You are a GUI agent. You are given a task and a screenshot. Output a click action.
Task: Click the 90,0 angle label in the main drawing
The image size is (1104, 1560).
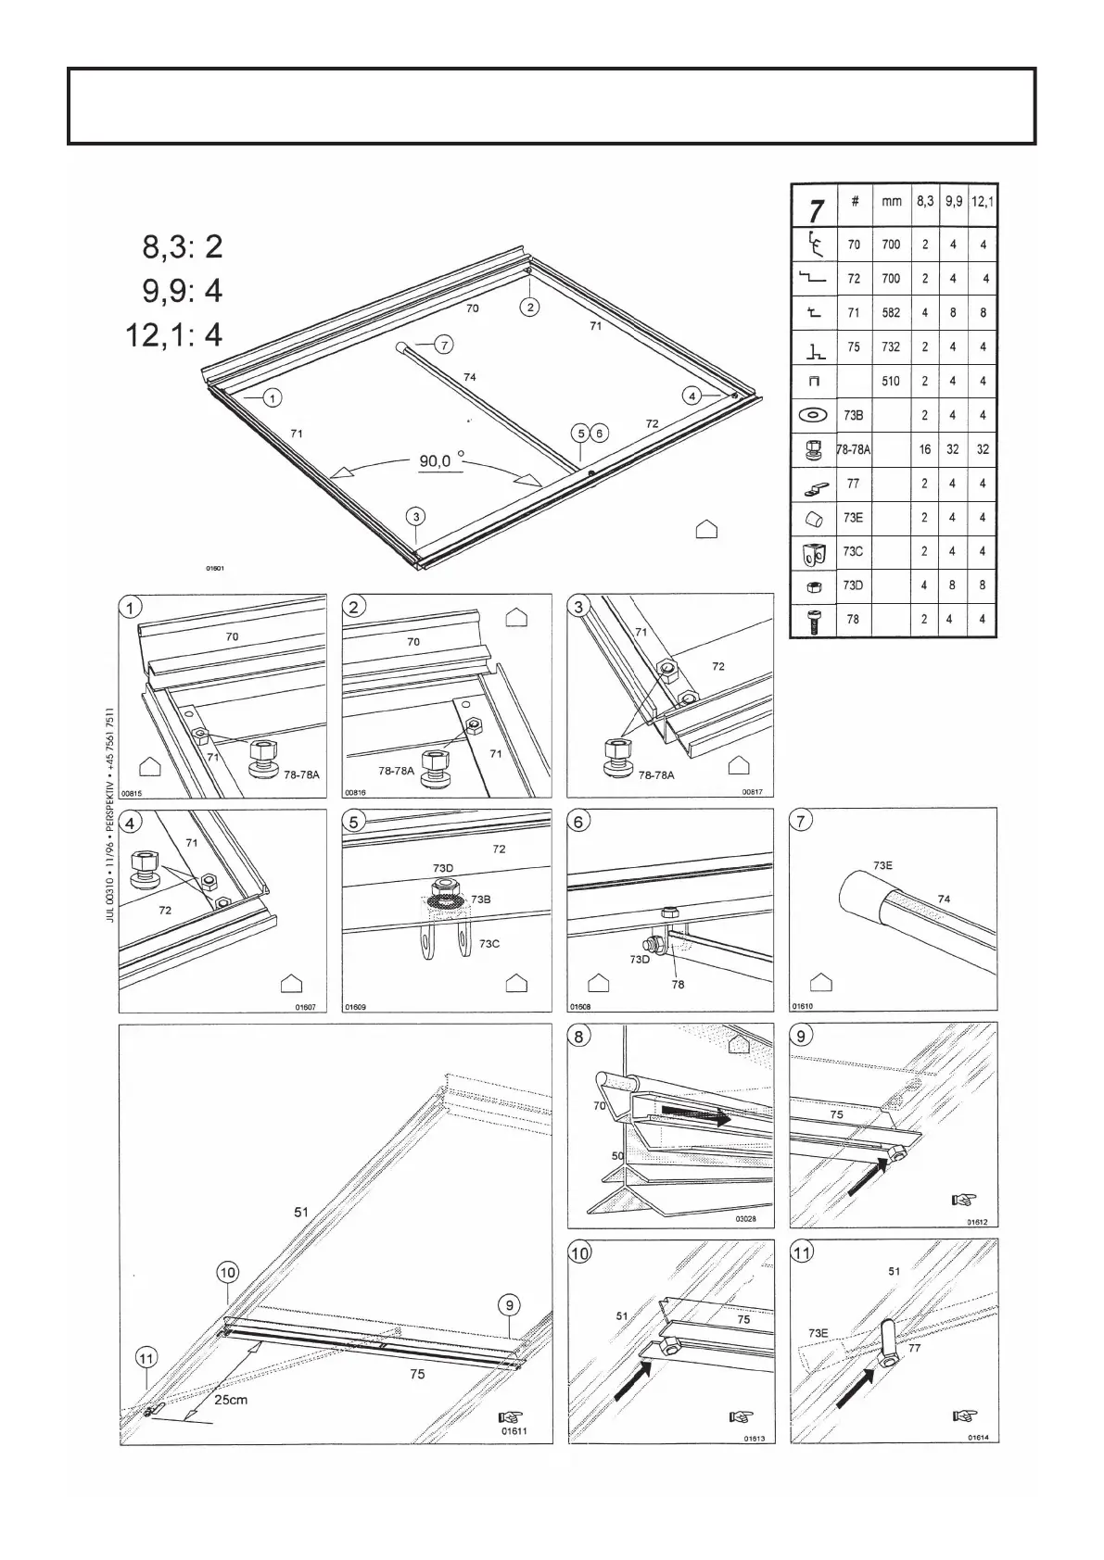click(441, 459)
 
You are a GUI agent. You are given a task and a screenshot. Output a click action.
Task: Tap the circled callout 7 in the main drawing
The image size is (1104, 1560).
click(445, 345)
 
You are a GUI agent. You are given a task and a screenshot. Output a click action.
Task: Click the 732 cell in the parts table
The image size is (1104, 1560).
click(891, 346)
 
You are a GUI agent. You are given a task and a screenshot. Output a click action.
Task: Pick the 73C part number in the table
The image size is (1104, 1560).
click(853, 551)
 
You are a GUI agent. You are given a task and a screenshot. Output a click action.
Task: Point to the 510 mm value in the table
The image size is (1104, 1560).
click(891, 381)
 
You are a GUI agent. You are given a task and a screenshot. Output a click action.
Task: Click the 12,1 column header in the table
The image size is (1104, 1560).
click(982, 201)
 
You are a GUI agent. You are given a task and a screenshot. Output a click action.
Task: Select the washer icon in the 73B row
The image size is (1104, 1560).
click(813, 415)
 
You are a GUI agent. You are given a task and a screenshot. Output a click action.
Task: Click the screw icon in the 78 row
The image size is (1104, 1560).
click(813, 619)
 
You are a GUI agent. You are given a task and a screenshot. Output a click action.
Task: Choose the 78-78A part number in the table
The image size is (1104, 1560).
click(853, 449)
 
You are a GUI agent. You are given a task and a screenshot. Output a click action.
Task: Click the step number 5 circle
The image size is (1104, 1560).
click(355, 822)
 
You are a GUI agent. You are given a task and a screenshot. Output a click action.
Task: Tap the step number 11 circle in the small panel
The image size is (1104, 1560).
click(802, 1253)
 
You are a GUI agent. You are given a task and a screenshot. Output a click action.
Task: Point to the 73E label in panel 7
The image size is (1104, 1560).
click(883, 864)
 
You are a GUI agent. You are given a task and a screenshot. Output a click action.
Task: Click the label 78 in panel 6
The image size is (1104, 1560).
click(678, 984)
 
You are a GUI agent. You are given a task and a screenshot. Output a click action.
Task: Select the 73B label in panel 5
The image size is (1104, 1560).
click(481, 899)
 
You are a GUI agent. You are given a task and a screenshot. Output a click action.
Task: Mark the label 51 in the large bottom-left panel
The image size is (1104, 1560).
click(301, 1212)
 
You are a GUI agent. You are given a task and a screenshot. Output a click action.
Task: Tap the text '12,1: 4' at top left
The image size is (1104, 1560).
click(174, 334)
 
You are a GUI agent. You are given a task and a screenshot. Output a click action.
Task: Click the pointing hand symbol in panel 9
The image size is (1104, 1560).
click(964, 1200)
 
